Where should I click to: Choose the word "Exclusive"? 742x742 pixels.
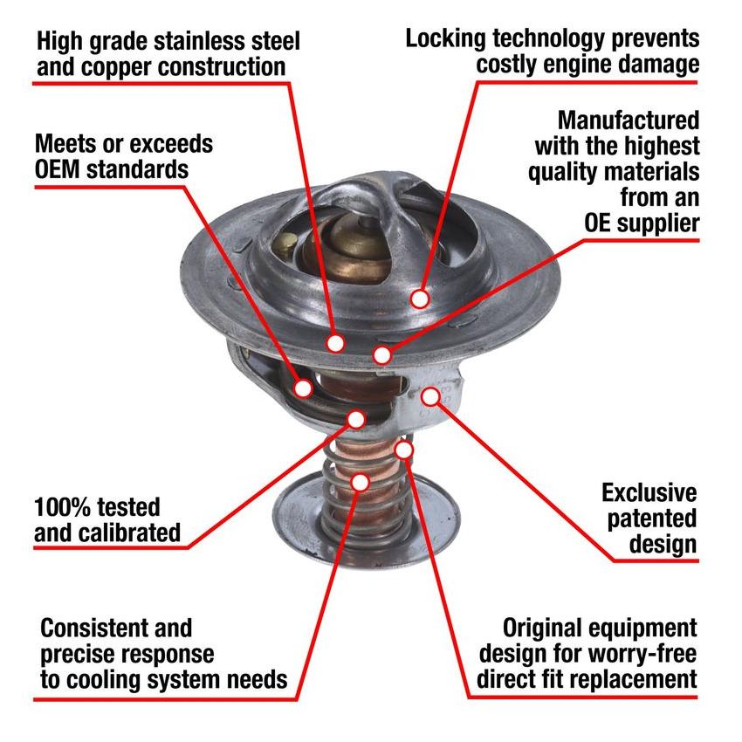[x=649, y=492]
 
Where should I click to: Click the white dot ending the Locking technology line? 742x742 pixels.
[x=420, y=299]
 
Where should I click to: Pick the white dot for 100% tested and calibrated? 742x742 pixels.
[x=356, y=419]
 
